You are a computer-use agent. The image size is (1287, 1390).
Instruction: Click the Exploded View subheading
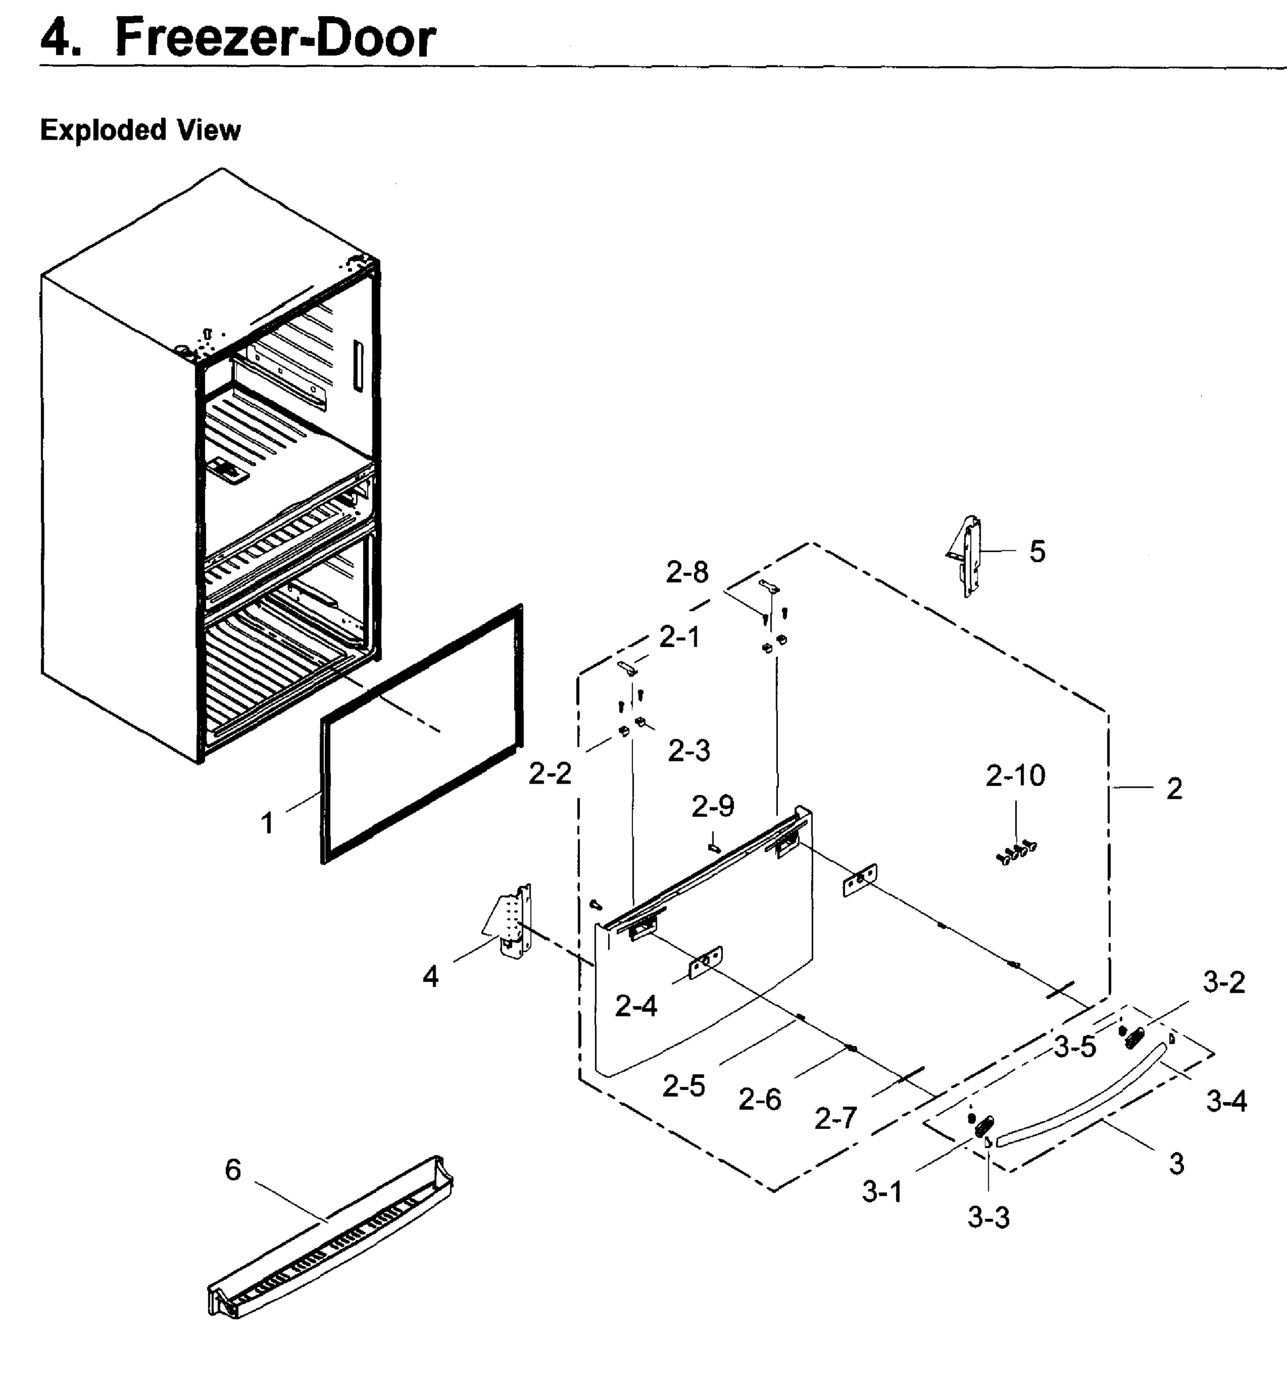point(140,130)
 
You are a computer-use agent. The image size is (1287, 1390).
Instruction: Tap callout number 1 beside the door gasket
point(267,823)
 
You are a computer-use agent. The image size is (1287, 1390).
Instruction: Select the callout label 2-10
point(1015,775)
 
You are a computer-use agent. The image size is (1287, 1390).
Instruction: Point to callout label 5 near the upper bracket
point(1037,551)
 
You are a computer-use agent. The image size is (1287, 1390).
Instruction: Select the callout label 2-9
point(712,806)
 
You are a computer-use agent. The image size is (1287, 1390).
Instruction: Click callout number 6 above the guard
point(233,1169)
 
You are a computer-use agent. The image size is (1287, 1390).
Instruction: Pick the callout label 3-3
point(988,1217)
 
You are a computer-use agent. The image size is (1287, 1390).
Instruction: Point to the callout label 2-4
point(635,1005)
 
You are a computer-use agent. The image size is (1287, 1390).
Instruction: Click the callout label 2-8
point(687,572)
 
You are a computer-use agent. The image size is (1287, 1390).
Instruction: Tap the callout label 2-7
point(835,1118)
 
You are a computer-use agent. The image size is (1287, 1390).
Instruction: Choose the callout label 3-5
point(1074,1047)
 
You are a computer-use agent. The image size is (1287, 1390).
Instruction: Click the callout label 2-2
point(550,773)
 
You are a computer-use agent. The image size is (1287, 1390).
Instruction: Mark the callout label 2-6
point(759,1100)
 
